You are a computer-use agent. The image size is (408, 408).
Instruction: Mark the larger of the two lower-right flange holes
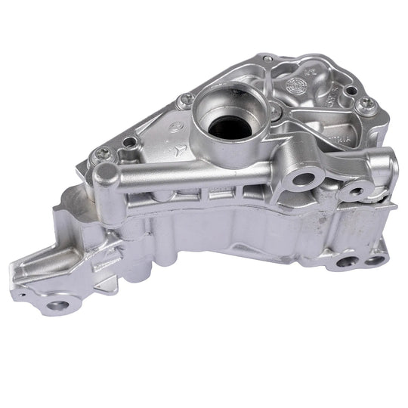point(345,262)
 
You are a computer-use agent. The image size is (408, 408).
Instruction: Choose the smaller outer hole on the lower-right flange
point(375,260)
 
